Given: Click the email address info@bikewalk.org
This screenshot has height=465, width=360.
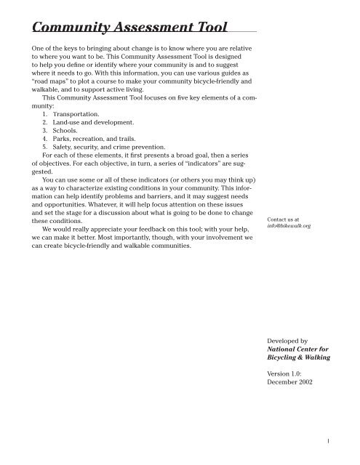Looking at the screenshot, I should [289, 226].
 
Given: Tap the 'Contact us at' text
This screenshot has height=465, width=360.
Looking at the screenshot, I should [284, 219].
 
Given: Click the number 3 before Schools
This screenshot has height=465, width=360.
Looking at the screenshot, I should [44, 129].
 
